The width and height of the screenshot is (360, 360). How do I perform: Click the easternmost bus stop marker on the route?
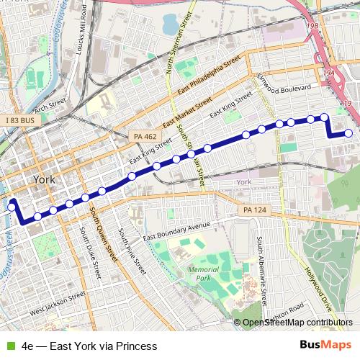(349, 132)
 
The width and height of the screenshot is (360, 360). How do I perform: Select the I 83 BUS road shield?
(17, 120)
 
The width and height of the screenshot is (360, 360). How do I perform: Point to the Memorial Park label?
(202, 273)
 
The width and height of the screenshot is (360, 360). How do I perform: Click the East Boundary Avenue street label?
(176, 232)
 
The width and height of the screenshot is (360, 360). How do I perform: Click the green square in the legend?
(11, 346)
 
